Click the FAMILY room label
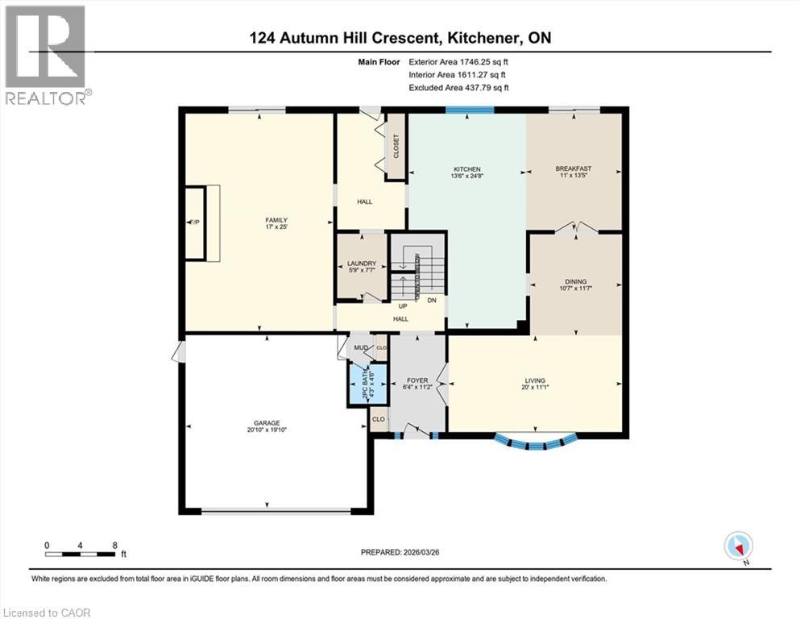[276, 220]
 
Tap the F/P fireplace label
[194, 222]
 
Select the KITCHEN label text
[466, 169]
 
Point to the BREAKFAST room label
[574, 169]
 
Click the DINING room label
[575, 281]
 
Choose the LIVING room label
[535, 380]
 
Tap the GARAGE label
[267, 423]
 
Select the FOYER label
[417, 380]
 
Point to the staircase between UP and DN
[417, 274]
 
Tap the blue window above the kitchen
[469, 110]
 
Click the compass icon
[738, 546]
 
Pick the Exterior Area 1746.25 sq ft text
[459, 60]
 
